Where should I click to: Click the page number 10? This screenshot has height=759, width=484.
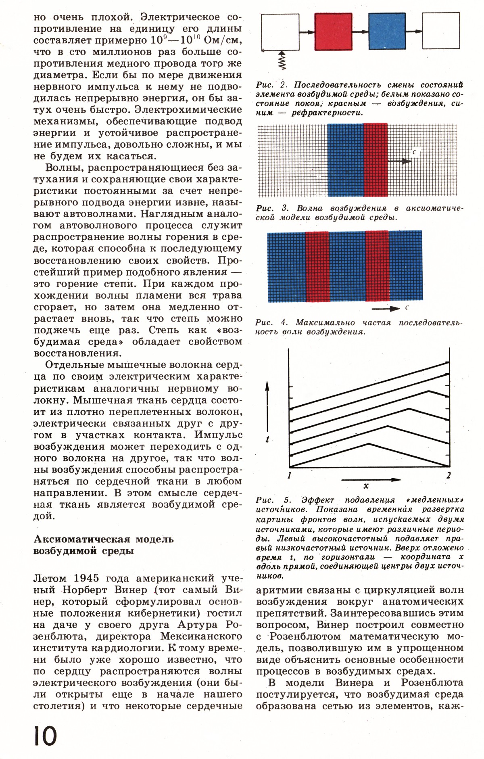(45, 735)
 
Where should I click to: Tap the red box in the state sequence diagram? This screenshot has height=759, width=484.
(333, 31)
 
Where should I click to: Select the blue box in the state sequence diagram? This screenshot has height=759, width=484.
(387, 31)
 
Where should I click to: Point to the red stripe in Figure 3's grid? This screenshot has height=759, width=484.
(376, 160)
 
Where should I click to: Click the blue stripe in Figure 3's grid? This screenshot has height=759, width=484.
(346, 160)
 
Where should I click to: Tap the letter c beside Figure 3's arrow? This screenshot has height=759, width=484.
(414, 152)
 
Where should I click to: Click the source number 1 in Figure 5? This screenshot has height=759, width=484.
(289, 475)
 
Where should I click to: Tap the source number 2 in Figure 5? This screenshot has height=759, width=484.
(449, 475)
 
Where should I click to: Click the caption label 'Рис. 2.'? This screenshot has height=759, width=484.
(271, 85)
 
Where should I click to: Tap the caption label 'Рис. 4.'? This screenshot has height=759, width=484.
(272, 323)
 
